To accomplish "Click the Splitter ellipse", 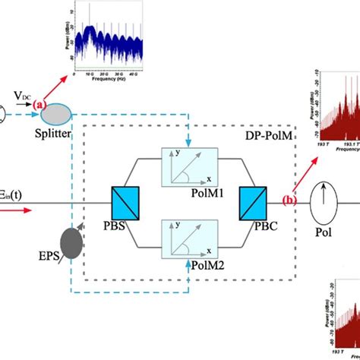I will pos(58,114).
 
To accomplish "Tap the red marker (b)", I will pos(289,201).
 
